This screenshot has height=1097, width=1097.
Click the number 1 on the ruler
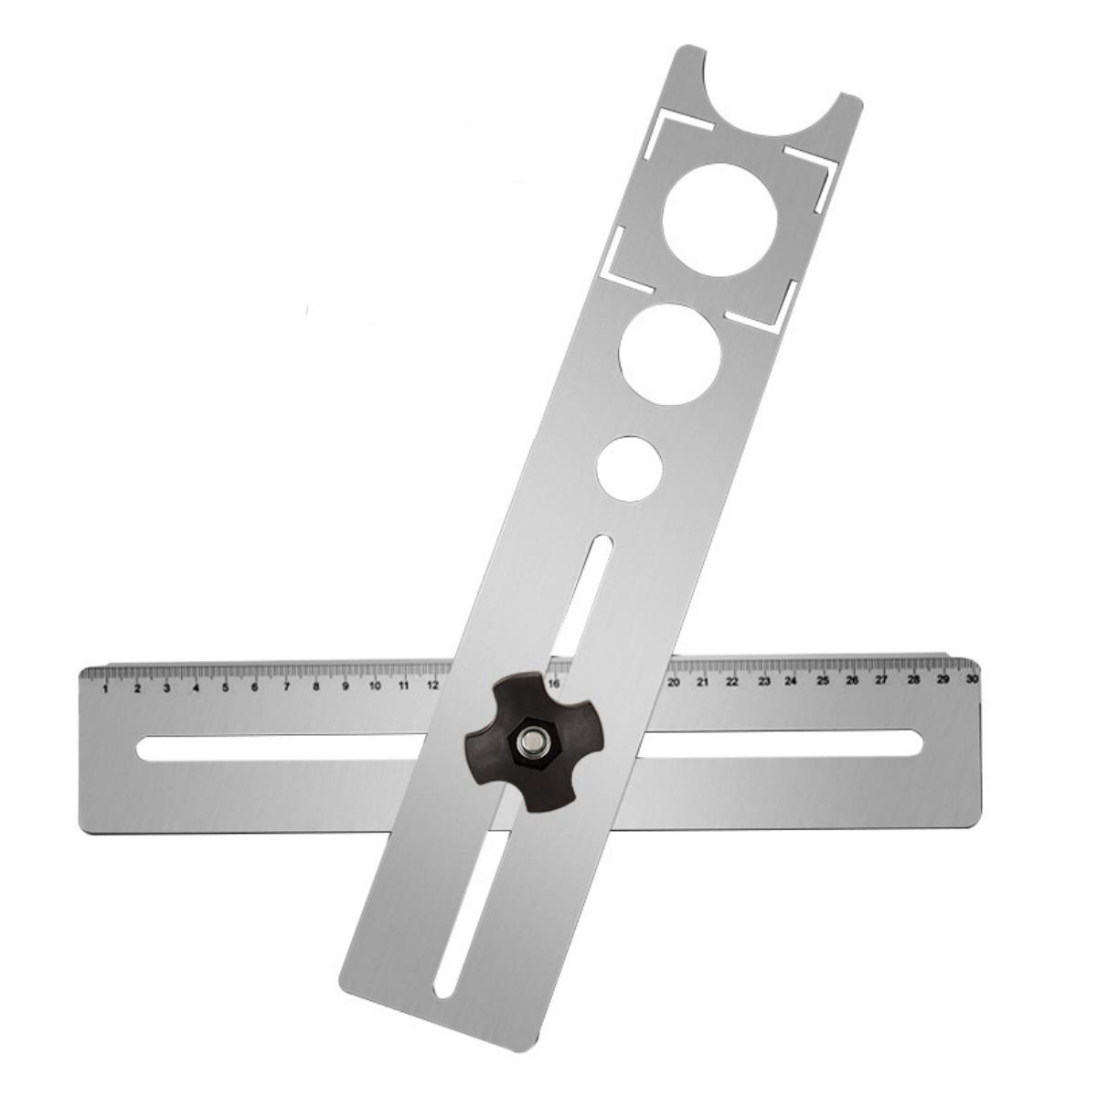pyautogui.click(x=107, y=688)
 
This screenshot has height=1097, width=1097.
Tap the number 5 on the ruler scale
pyautogui.click(x=225, y=687)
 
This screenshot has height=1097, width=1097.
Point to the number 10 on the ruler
pyautogui.click(x=374, y=686)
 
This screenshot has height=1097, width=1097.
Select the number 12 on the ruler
pyautogui.click(x=432, y=685)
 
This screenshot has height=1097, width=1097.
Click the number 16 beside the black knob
pyautogui.click(x=554, y=684)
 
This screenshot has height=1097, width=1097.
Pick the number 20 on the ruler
pyautogui.click(x=674, y=683)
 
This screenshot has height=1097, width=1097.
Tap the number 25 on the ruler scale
pyautogui.click(x=823, y=681)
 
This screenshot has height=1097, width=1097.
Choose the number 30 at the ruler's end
pyautogui.click(x=971, y=680)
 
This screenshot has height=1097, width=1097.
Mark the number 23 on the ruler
pyautogui.click(x=763, y=682)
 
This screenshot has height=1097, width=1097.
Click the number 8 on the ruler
pyautogui.click(x=315, y=687)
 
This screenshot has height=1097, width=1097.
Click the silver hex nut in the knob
pyautogui.click(x=529, y=742)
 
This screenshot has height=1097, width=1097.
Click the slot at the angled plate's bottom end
pyautogui.click(x=465, y=906)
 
